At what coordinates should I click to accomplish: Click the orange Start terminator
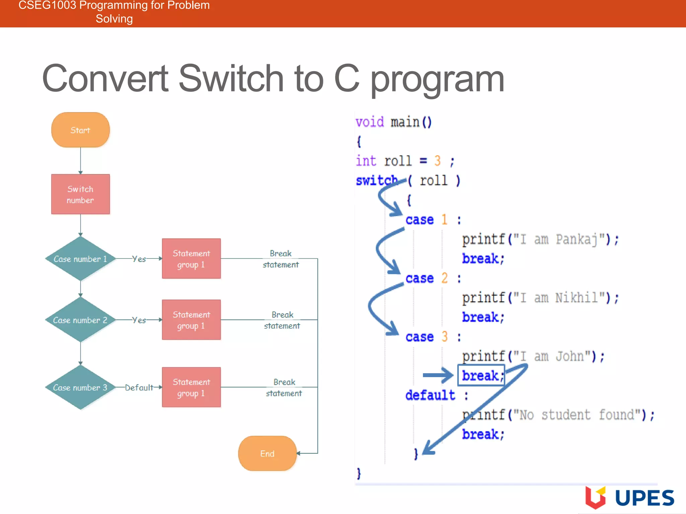80,130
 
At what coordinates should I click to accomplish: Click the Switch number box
80,194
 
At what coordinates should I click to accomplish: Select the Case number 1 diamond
80,259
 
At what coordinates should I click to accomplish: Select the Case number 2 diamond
80,320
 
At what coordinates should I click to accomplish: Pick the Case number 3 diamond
80,387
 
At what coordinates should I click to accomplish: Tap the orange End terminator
267,453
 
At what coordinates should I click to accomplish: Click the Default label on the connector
139,388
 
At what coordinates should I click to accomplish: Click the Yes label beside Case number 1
139,259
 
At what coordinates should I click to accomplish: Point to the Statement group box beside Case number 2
191,320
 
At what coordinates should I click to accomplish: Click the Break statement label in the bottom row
284,388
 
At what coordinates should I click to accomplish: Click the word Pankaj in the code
576,240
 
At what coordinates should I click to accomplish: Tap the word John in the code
569,356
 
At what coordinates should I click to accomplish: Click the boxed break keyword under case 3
481,375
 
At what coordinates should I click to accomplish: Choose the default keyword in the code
430,395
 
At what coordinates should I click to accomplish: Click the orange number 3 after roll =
437,161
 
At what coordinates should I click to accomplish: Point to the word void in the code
369,122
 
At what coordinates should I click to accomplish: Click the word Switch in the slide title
231,79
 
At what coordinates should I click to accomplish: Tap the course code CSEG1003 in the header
47,5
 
